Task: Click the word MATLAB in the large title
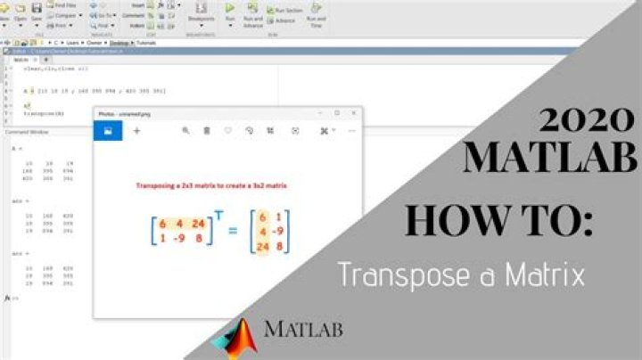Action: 551,158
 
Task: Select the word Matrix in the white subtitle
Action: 544,274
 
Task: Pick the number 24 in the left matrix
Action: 197,224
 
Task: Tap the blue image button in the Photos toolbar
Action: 108,130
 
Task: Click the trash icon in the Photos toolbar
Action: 207,130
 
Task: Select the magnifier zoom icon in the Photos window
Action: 185,130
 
